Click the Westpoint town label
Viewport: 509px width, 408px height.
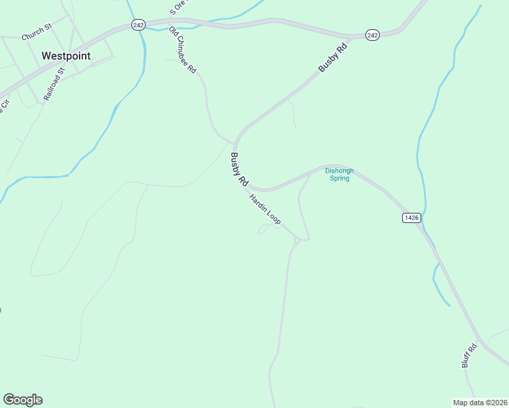pos(66,56)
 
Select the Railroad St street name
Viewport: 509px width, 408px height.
pos(54,84)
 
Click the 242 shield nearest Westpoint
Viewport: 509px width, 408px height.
pos(138,24)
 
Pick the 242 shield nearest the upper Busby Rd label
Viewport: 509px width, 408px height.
pos(372,35)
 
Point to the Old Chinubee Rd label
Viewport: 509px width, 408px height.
pos(183,50)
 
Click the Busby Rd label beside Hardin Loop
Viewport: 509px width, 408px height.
pos(238,169)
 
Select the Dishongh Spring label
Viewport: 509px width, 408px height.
pos(339,175)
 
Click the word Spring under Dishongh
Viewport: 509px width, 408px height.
pos(339,179)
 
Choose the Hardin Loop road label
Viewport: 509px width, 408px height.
pos(265,209)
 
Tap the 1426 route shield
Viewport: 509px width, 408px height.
pos(412,218)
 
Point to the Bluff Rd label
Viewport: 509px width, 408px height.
pos(470,356)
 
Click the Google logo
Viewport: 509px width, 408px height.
pos(22,400)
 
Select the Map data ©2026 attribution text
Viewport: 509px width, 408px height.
pos(479,402)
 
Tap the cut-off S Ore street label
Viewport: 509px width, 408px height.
pos(178,7)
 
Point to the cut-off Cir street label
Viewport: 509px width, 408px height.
pos(4,107)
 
